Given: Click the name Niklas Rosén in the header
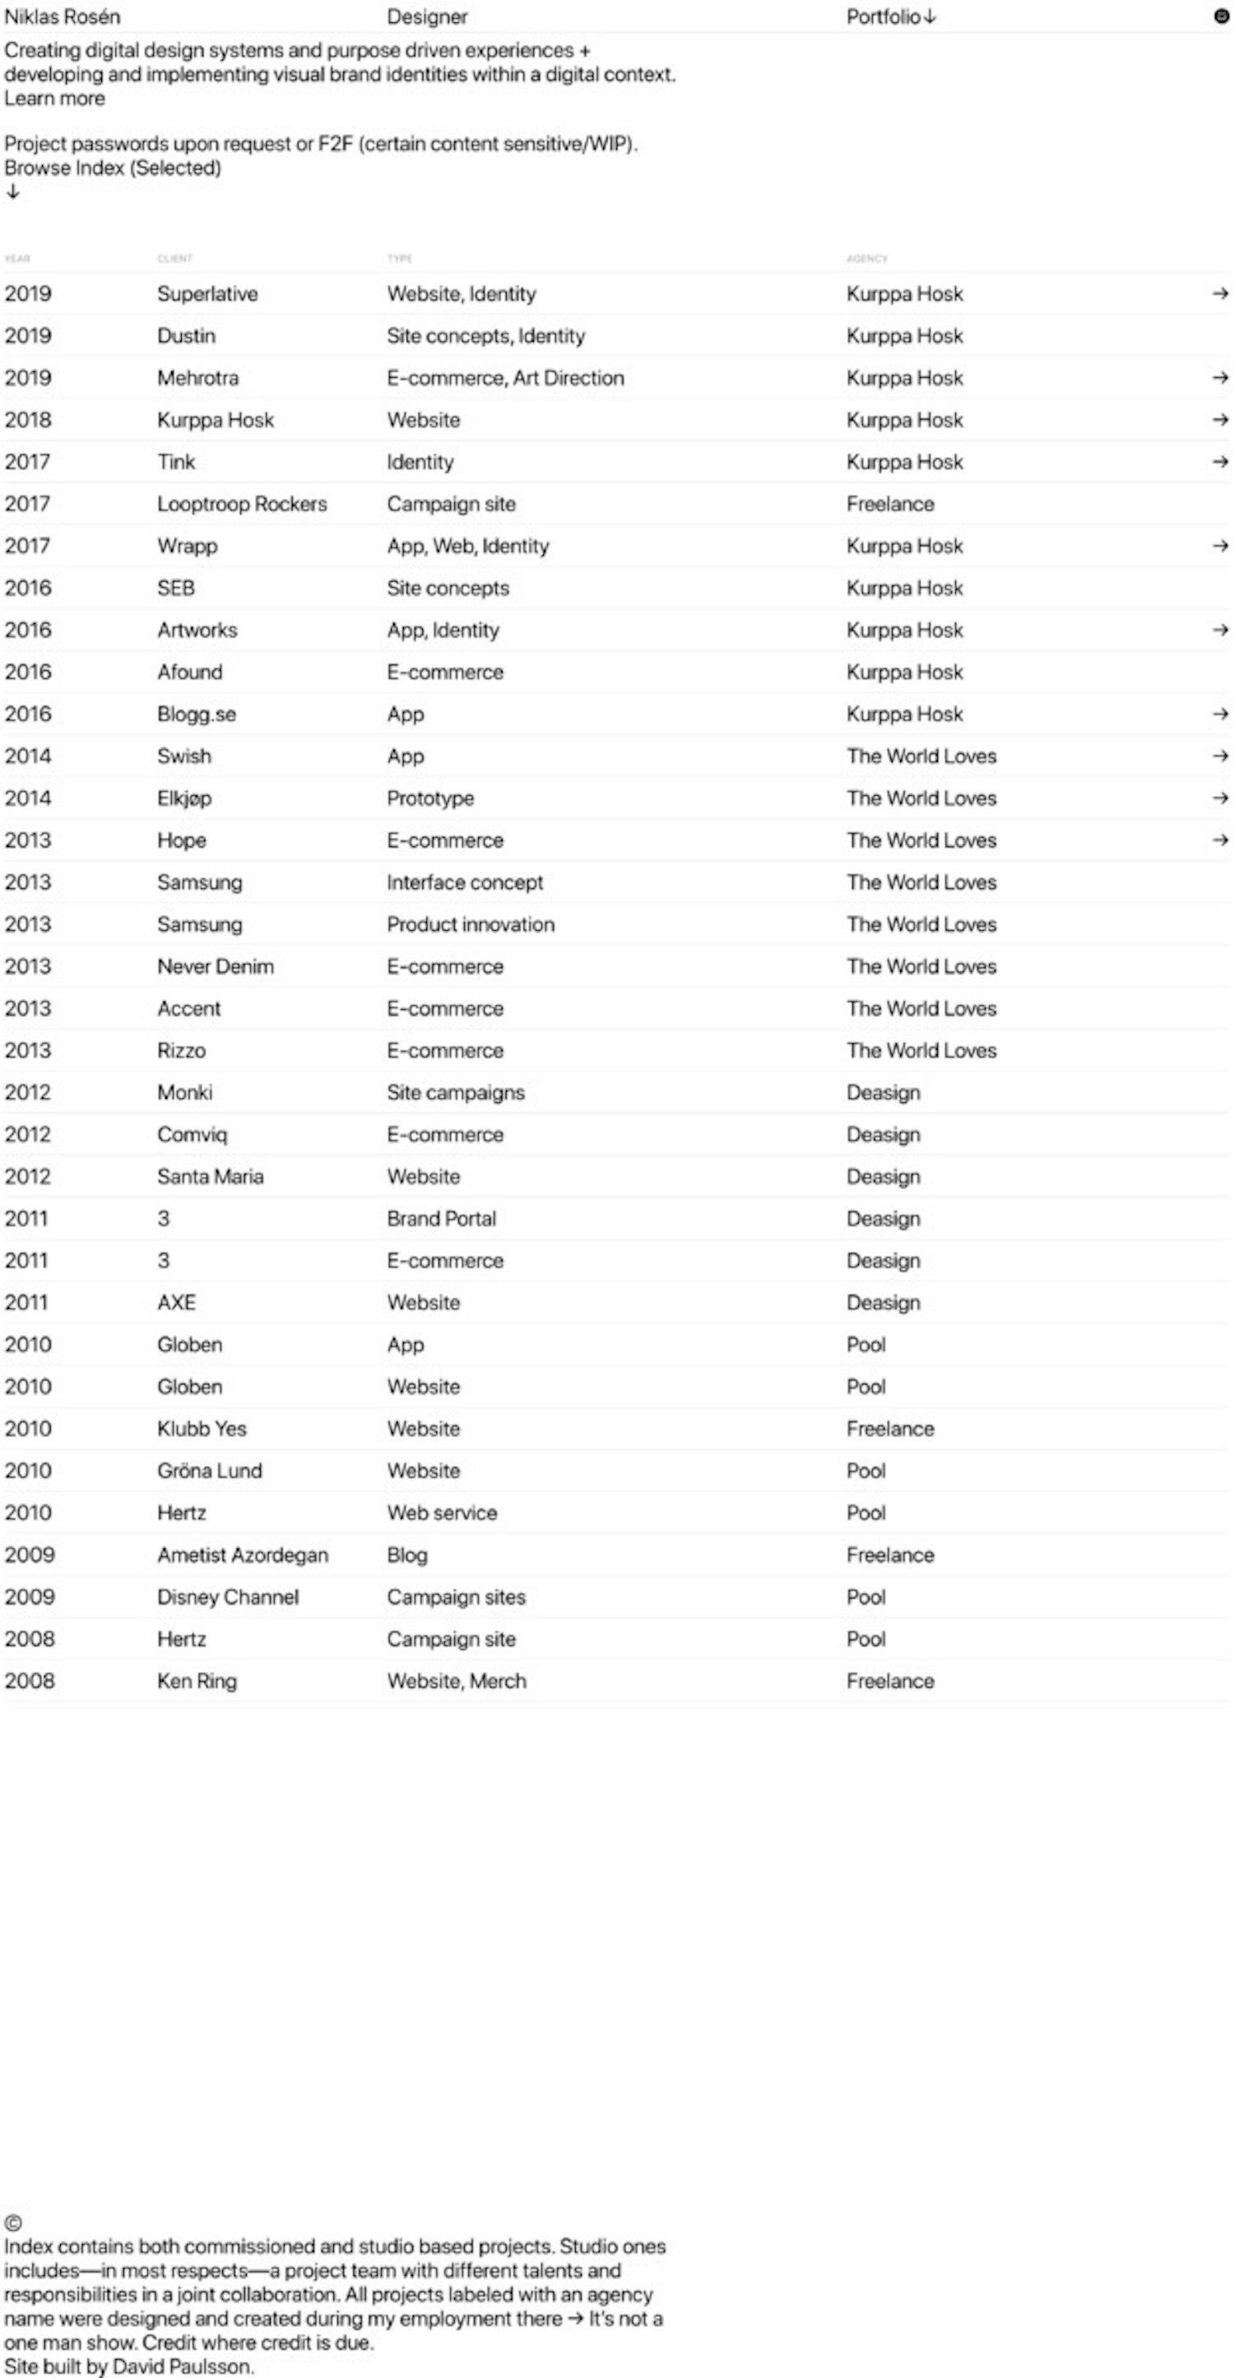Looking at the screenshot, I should (x=62, y=16).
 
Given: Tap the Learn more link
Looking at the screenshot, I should (x=54, y=99).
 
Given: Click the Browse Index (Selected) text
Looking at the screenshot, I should (x=113, y=168).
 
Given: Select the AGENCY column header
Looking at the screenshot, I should (x=866, y=258).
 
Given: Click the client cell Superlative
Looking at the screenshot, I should (x=206, y=294).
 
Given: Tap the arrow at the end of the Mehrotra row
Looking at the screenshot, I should (x=1220, y=378).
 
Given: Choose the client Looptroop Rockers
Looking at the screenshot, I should (x=242, y=504).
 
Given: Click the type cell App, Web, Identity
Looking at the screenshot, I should (x=467, y=546).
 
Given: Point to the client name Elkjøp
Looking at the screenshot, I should (x=183, y=798).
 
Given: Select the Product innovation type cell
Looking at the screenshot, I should (x=471, y=924).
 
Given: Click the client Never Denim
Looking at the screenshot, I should (x=215, y=966).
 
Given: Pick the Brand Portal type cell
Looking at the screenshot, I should (x=441, y=1218).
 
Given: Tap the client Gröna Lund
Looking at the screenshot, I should (x=210, y=1471).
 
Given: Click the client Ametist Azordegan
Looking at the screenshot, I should (x=242, y=1555).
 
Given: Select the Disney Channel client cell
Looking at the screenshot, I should (x=228, y=1597).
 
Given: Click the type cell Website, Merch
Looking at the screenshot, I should (x=456, y=1681).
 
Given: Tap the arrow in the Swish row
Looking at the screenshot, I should (x=1220, y=756).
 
